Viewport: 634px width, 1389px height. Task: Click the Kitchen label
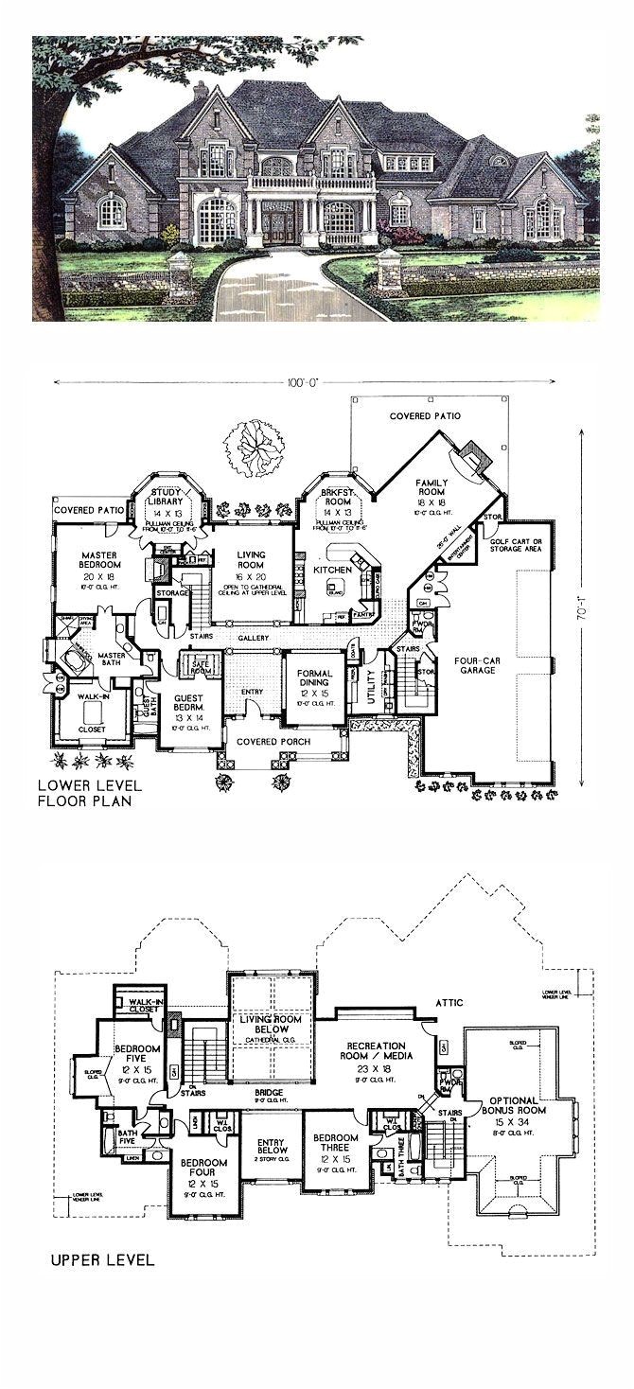334,570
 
